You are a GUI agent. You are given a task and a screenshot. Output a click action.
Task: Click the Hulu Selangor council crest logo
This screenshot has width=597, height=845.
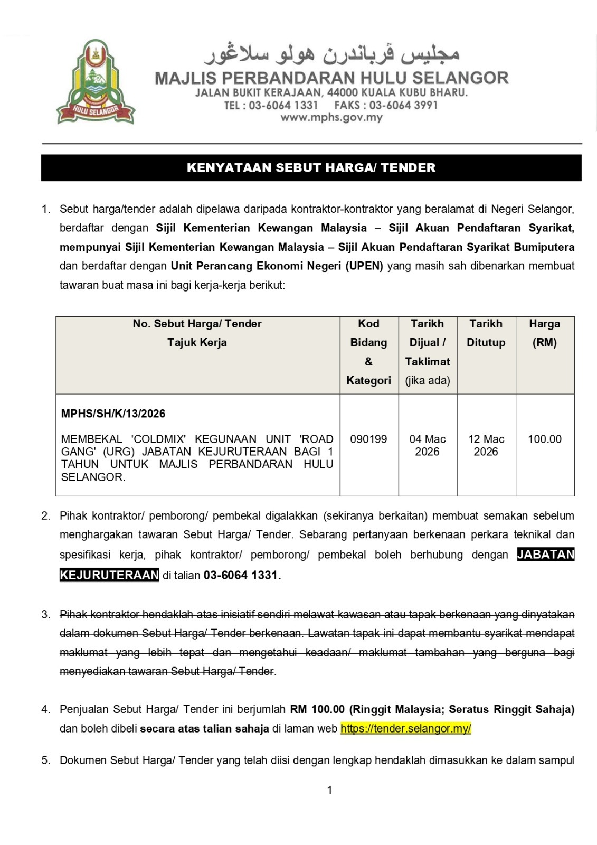[96, 82]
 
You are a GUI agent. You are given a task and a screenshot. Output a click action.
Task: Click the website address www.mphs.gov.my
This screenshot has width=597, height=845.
[331, 118]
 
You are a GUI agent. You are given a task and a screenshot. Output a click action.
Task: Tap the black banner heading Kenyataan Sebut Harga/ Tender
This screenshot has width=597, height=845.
[311, 168]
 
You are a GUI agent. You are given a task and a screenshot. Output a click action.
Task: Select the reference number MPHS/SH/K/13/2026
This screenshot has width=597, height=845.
[113, 414]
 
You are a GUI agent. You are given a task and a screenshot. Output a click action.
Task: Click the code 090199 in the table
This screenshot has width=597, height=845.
[368, 439]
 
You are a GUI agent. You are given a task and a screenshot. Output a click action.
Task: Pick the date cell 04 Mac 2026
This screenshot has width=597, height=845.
[427, 445]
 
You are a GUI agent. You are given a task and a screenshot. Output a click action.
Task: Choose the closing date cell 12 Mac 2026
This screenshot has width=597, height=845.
[486, 445]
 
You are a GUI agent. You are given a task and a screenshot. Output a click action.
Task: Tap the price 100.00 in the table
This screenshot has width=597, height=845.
[544, 439]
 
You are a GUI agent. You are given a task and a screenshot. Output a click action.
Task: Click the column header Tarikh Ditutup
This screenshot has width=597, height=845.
[486, 333]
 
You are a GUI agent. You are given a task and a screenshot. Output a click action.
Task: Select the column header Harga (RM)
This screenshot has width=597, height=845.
[544, 333]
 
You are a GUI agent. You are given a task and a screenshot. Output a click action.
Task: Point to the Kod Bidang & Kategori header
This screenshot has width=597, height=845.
[368, 352]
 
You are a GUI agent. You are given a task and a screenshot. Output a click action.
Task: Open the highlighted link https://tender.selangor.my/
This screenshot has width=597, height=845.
[405, 729]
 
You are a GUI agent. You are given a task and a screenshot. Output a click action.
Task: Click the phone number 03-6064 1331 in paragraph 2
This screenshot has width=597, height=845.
[241, 575]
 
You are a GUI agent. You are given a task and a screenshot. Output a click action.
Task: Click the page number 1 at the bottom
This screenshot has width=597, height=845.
[330, 790]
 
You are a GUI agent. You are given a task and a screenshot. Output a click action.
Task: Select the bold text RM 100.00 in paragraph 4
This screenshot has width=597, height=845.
[317, 709]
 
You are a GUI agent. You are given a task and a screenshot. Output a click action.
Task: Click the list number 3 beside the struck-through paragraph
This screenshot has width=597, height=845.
[46, 614]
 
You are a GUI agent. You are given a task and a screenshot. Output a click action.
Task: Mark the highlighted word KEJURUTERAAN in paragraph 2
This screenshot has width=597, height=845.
[109, 575]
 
